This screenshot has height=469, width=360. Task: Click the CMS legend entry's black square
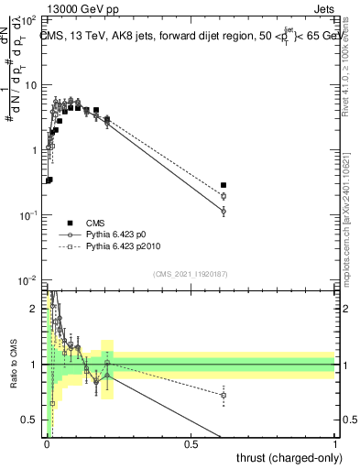pos(70,223)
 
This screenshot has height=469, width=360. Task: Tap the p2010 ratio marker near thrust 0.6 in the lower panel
pos(223,395)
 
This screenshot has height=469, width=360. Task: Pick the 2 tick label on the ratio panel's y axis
pos(35,308)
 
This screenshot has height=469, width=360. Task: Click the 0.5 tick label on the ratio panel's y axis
pos(31,421)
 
